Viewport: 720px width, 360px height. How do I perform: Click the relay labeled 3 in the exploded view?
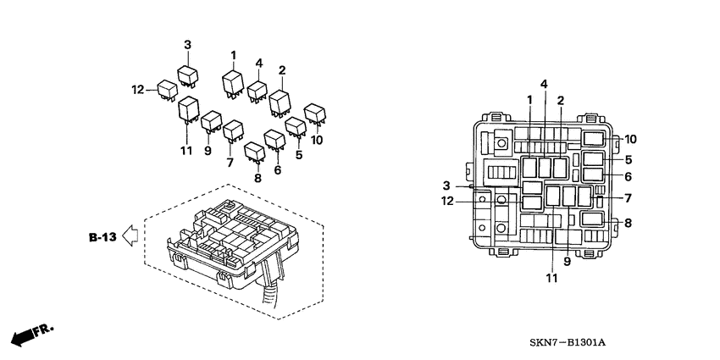point(187,74)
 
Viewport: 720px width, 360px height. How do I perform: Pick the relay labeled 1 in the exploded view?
point(232,83)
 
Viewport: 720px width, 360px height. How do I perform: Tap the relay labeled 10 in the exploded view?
point(314,113)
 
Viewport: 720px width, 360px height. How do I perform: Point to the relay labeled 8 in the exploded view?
point(253,152)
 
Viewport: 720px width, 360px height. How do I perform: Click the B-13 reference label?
point(102,237)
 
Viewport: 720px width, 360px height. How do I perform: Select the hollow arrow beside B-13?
point(130,237)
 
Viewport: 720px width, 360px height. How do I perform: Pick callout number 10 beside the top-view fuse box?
point(630,139)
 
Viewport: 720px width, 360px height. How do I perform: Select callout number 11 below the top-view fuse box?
point(552,278)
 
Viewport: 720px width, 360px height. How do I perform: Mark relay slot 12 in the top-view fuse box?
point(533,202)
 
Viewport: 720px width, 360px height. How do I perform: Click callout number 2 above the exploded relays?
point(281,70)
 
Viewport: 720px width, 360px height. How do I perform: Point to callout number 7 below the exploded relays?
point(230,162)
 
